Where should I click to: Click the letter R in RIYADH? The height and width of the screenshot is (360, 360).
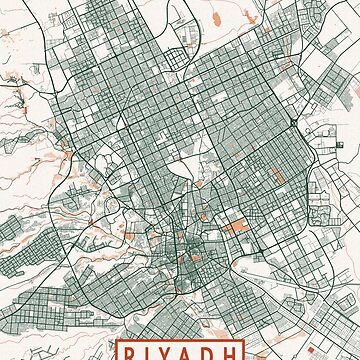[x=134, y=353]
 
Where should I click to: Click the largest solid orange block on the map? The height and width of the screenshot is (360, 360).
[x=238, y=228]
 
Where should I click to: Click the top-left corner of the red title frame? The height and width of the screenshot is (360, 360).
[x=117, y=341]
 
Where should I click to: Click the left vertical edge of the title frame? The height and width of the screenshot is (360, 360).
[x=117, y=352]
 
